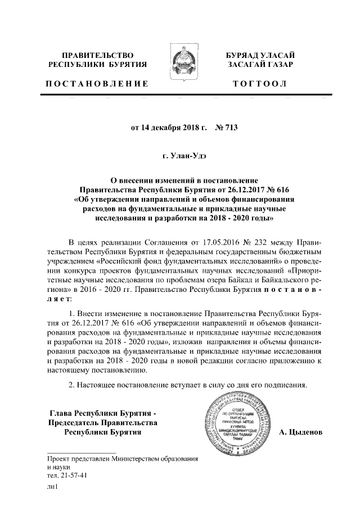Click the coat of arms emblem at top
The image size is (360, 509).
coord(179,65)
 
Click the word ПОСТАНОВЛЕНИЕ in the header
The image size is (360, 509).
coord(97,84)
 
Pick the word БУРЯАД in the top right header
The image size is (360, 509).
coord(245,55)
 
